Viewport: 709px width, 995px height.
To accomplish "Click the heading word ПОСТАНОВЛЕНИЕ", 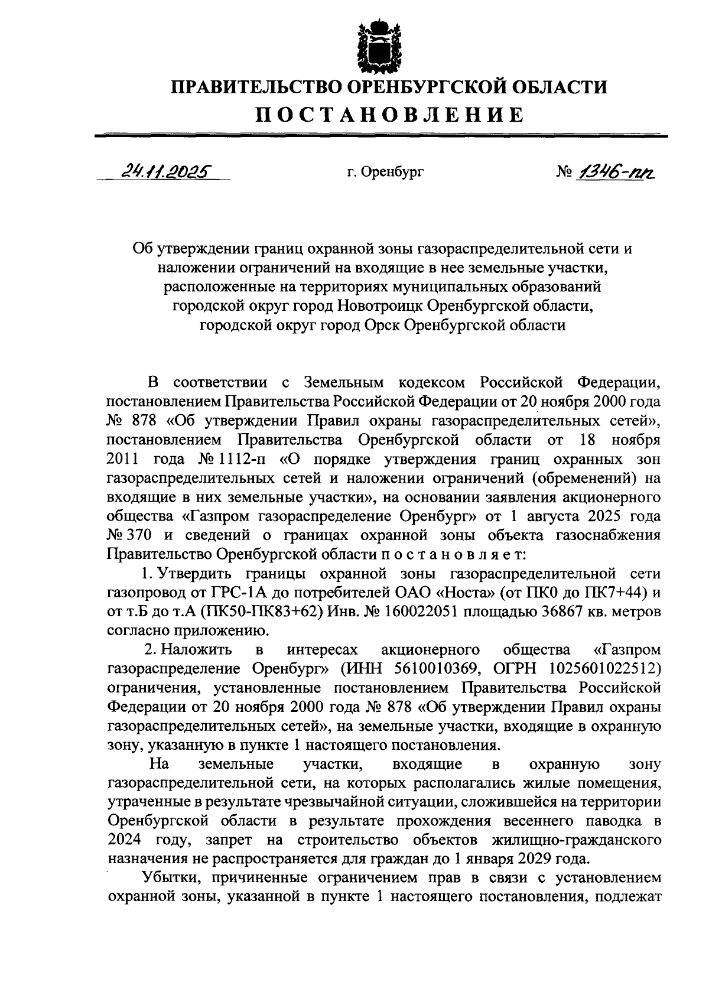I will click(x=389, y=115).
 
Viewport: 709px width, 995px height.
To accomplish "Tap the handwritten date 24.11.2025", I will click(x=167, y=172).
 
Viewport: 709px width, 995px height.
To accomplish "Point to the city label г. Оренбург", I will click(x=385, y=173).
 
